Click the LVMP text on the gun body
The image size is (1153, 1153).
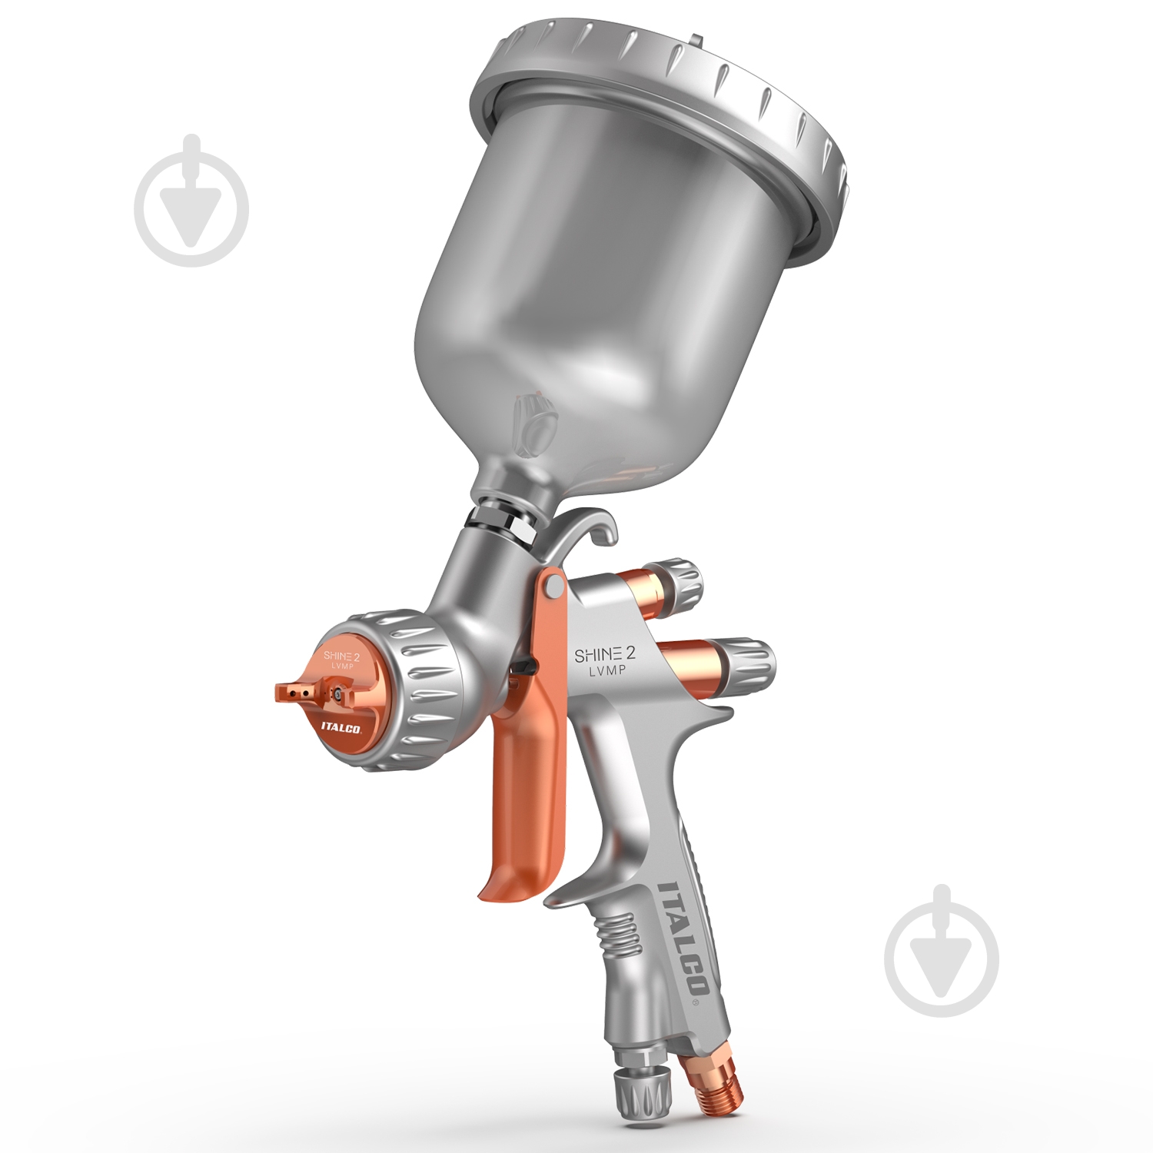[607, 671]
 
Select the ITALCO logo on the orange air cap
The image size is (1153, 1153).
[341, 727]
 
